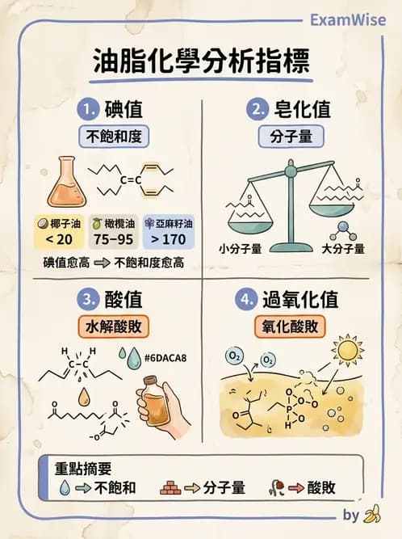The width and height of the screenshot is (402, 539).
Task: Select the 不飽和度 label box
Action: tap(114, 136)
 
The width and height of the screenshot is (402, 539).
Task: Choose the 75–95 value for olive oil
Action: tap(112, 239)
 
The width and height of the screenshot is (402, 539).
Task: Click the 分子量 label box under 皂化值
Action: tap(296, 136)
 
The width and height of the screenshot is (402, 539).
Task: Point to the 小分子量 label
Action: tap(241, 248)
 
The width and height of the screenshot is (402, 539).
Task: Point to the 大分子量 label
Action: tap(342, 248)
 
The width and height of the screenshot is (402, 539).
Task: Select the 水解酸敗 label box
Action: tap(114, 326)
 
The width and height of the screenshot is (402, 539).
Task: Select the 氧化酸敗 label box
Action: tap(296, 326)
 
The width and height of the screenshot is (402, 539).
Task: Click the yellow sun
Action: tap(349, 351)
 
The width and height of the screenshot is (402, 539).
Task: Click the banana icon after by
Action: tap(372, 514)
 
